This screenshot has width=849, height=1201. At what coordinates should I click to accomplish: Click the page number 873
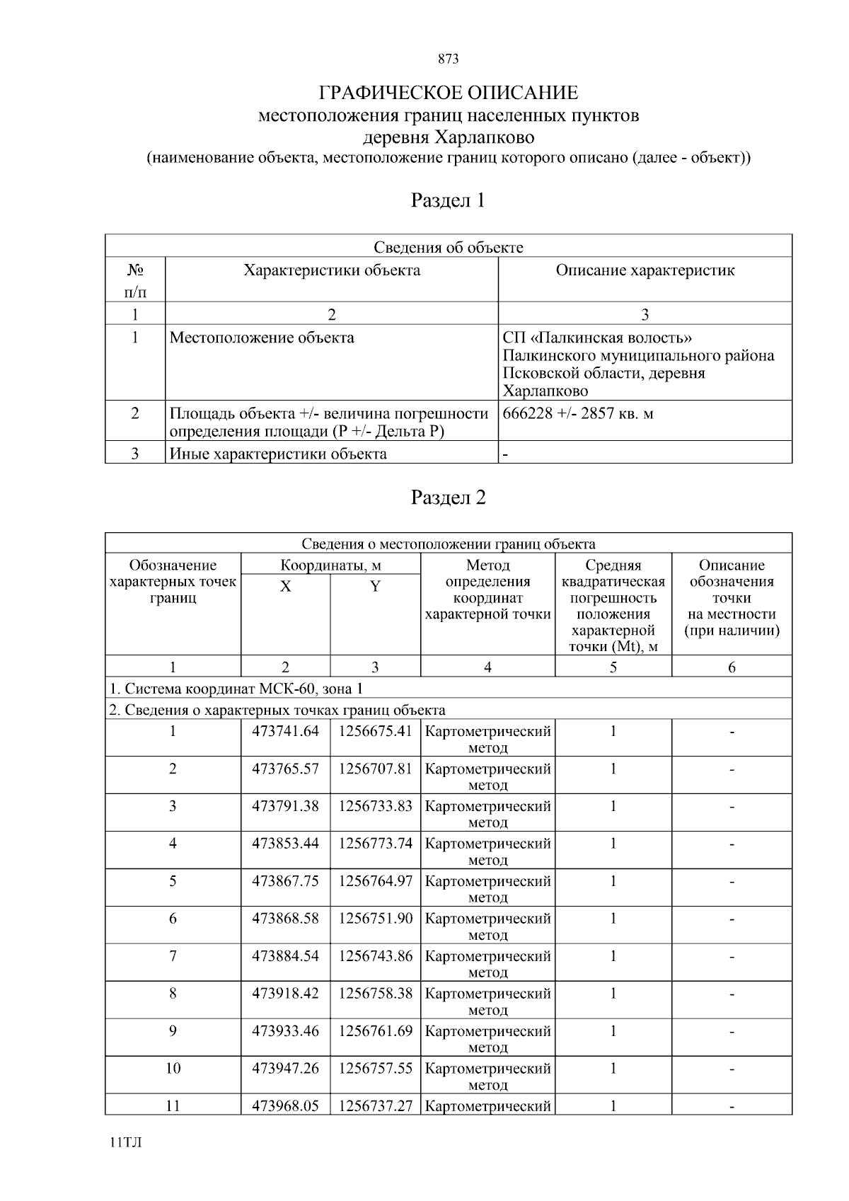tap(448, 59)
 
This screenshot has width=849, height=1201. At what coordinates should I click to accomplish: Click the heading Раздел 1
tap(448, 201)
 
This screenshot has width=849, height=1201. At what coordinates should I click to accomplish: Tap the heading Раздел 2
tap(448, 498)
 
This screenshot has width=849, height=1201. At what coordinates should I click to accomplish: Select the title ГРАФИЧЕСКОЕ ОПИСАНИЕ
tap(448, 93)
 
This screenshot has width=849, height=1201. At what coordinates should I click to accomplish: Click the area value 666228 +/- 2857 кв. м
tap(578, 414)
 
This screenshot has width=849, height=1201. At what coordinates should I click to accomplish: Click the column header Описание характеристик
tap(645, 270)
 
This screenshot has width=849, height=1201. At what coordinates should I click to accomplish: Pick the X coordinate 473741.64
tap(285, 731)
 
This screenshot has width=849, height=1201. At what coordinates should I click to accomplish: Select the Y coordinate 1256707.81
tap(375, 769)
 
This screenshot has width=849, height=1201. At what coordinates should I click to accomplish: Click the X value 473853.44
tap(285, 844)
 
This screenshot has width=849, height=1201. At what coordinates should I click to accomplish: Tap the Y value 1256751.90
tap(375, 919)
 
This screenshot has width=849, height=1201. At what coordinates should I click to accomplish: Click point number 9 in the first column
tap(173, 1031)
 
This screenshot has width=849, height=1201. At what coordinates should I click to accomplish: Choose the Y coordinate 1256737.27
tap(375, 1106)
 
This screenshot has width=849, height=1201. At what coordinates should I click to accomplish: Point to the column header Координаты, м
tap(330, 565)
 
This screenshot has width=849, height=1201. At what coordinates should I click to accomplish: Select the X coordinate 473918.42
tap(285, 994)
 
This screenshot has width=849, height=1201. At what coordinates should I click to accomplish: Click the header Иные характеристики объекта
tap(278, 454)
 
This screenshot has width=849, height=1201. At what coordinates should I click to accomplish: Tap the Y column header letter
tap(375, 587)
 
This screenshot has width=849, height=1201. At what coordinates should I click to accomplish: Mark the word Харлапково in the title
tap(485, 137)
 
